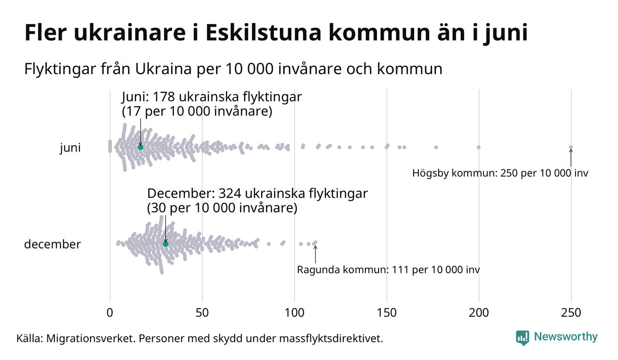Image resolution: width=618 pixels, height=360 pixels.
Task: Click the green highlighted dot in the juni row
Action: (141, 147)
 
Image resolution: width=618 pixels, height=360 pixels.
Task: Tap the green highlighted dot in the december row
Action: (166, 244)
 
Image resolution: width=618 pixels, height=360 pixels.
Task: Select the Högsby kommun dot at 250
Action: (571, 148)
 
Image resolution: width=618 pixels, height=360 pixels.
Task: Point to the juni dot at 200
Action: (479, 147)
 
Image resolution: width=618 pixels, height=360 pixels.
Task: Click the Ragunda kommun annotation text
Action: (388, 270)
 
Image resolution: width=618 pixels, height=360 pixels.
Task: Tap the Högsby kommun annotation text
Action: (500, 174)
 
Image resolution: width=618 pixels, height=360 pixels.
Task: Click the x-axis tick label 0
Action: (110, 313)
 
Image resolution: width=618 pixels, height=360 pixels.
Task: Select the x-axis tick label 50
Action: (202, 313)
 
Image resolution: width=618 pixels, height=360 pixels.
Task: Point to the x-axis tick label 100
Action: (294, 313)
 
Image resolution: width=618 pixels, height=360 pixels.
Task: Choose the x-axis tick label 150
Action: (386, 313)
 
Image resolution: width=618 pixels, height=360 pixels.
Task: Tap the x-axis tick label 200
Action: (479, 313)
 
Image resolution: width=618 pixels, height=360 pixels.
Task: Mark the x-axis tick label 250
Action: (571, 313)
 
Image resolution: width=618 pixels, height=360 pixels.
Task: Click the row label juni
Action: (70, 148)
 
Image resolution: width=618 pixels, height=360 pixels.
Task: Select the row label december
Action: (52, 244)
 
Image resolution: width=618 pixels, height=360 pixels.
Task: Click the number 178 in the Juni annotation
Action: (165, 97)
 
